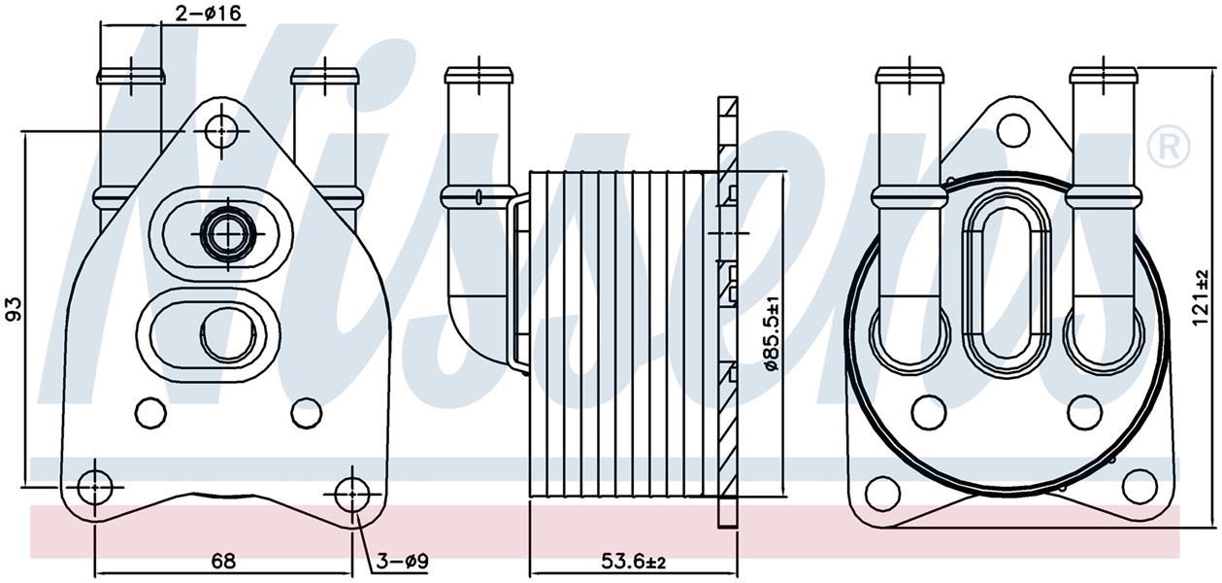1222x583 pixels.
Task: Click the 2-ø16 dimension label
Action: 208,13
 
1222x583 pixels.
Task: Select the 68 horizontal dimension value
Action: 223,561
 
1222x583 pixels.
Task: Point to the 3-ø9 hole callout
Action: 403,561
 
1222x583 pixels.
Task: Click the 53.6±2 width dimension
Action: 634,561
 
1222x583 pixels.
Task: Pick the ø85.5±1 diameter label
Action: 772,334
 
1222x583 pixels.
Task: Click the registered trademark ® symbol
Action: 1168,145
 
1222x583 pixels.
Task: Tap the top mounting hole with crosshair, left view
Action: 221,131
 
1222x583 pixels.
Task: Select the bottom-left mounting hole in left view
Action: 95,487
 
